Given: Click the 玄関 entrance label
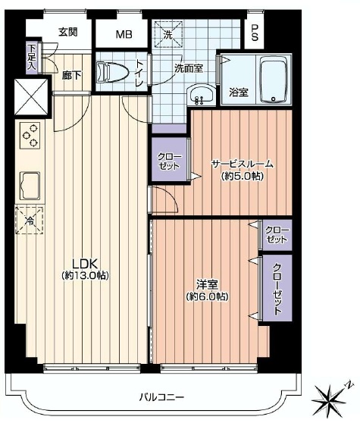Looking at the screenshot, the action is click(68, 32).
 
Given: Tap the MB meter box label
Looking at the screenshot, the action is click(124, 34).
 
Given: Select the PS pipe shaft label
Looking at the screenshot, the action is click(255, 33).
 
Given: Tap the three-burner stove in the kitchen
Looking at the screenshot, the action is click(30, 135).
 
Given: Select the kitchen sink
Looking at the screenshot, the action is click(30, 186).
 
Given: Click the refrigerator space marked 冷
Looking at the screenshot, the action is click(29, 221).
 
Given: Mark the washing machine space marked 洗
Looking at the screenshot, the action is click(168, 34).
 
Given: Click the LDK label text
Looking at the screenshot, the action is click(84, 262).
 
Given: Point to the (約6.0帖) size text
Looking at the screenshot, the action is click(207, 296).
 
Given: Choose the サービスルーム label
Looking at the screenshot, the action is click(242, 164).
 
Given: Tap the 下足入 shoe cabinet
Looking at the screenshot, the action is click(33, 58).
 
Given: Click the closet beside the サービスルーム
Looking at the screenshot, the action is click(169, 159).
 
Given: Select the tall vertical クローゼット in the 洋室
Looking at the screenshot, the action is click(277, 288).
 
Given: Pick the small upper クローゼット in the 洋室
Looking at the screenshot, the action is click(277, 235).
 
